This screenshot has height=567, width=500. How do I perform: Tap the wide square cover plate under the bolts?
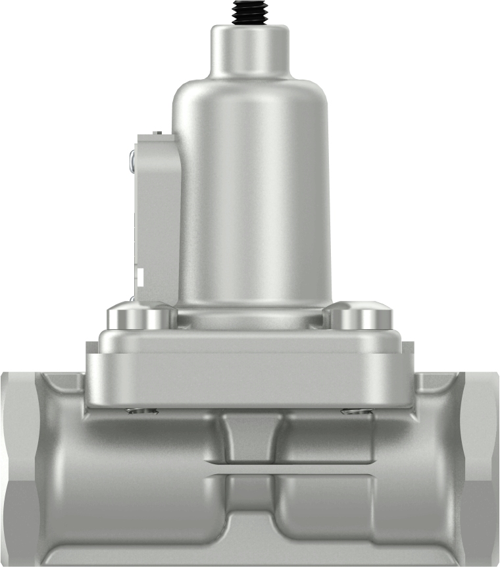pos(250,369)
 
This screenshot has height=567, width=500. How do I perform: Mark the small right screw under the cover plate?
pos(355,412)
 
